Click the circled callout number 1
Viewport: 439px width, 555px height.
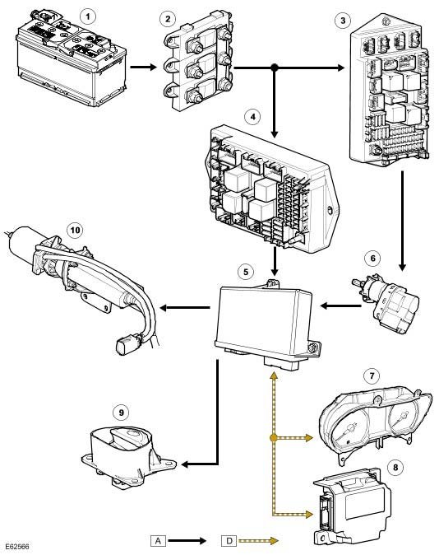point(88,16)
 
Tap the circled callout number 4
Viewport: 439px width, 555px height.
point(252,116)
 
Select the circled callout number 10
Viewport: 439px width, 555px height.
point(75,231)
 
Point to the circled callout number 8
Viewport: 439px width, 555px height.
point(395,467)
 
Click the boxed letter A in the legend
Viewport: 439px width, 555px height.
point(158,540)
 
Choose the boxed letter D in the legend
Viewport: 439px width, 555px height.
point(229,540)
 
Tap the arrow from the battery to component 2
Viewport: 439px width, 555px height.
point(143,67)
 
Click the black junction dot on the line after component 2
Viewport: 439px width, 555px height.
point(275,68)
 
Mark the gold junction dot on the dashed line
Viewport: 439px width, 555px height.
point(273,438)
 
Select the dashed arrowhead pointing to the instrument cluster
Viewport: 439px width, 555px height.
point(308,438)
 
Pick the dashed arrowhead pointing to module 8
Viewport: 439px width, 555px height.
point(308,514)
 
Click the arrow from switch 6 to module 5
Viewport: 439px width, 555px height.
point(340,305)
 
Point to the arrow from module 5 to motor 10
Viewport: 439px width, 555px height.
point(184,308)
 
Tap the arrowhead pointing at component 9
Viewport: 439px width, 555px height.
point(185,464)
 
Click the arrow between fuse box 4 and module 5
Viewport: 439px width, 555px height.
point(275,261)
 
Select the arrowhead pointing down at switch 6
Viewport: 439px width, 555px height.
point(402,268)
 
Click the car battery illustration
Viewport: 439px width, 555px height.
point(71,57)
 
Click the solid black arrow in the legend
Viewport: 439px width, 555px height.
point(187,540)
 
